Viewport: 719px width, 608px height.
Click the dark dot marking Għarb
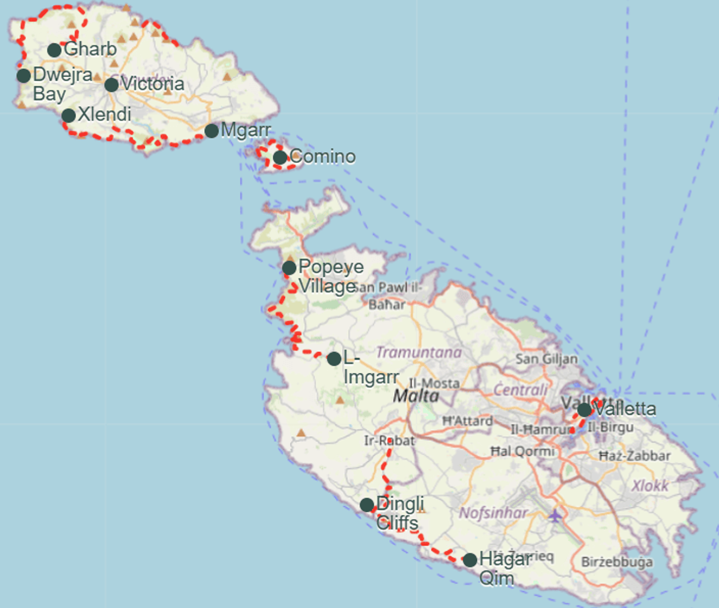54,50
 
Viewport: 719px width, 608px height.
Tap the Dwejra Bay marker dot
24,76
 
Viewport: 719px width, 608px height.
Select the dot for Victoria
111,85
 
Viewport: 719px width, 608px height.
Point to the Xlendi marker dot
69,115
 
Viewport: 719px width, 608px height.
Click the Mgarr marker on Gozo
212,131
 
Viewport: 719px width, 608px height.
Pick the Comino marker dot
280,157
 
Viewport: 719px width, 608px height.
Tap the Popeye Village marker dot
289,268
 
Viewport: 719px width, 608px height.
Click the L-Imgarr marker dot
334,359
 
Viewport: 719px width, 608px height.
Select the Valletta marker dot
584,410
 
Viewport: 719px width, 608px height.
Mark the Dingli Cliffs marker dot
367,505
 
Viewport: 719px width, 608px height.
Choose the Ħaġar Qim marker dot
470,560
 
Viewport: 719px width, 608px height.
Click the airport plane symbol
555,516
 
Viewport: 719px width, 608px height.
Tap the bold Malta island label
416,396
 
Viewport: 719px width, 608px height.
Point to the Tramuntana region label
419,353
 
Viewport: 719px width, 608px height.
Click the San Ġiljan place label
546,359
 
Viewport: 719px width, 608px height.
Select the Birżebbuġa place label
617,562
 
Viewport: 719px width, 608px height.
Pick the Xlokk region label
650,486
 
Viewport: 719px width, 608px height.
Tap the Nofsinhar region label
493,513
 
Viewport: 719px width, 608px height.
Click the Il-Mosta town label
434,383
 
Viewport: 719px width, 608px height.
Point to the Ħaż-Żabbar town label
634,456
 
